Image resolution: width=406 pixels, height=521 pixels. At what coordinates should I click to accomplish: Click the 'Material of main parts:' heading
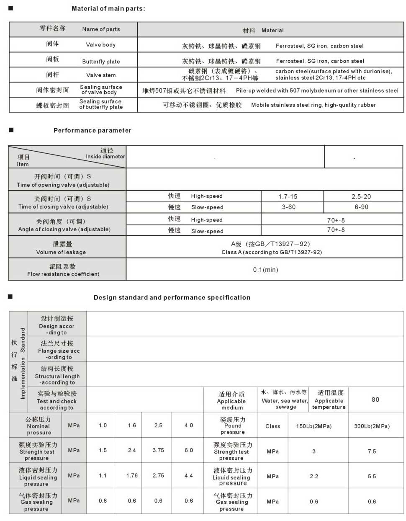coord(108,8)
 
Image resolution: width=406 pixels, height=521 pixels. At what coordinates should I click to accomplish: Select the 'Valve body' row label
coord(101,45)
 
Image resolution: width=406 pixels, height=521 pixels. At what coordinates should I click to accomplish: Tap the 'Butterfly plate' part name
coord(101,62)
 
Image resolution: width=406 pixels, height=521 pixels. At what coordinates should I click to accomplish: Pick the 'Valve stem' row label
coord(101,75)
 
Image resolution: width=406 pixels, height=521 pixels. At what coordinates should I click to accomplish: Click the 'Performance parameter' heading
coord(92,130)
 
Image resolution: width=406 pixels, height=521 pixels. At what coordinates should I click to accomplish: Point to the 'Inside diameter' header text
coord(105,157)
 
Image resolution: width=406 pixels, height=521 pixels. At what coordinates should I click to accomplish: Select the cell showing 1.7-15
coord(288,196)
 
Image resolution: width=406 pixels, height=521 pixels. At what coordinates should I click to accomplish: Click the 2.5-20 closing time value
coord(361,196)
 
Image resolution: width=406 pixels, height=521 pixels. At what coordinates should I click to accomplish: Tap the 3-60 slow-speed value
coord(288,207)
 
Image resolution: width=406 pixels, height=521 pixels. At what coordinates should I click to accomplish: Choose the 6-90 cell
coord(361,207)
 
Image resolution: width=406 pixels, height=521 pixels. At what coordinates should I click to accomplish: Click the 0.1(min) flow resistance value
coord(265,270)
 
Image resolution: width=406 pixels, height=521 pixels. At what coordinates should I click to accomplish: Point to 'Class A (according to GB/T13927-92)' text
coord(272,252)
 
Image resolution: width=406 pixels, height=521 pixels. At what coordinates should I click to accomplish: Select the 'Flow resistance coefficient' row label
coord(63,274)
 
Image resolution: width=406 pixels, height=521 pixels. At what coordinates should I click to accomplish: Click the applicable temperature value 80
coord(375,400)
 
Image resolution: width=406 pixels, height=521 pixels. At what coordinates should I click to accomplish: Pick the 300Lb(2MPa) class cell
coord(372,426)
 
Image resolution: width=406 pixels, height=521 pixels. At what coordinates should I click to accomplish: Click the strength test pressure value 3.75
coord(158,450)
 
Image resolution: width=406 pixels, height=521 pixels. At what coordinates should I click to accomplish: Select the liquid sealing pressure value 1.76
coord(132,475)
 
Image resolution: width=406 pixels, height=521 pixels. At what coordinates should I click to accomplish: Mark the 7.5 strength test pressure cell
coord(372,451)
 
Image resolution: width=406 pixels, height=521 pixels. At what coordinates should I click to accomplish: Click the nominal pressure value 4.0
coord(189,425)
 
